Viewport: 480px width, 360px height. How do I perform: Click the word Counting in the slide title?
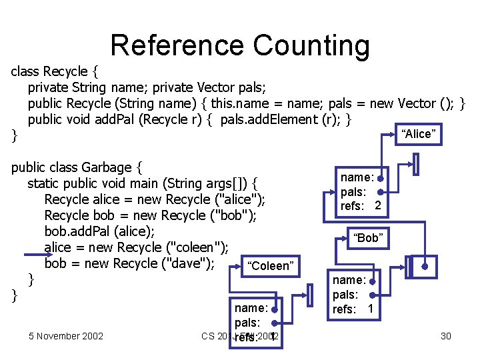(311, 45)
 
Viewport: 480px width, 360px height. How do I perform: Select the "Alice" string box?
(418, 134)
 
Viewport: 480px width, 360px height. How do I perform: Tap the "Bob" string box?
(367, 238)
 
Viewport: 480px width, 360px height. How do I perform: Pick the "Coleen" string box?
(270, 266)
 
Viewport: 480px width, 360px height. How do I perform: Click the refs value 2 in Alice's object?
(378, 206)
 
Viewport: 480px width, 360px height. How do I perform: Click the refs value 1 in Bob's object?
(371, 309)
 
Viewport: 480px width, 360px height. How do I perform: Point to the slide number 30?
(445, 336)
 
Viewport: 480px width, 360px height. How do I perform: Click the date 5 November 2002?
(66, 336)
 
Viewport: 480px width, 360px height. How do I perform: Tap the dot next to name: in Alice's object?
(379, 179)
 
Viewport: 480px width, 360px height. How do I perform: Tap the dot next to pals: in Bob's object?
(373, 295)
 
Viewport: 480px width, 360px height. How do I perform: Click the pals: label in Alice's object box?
(353, 192)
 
